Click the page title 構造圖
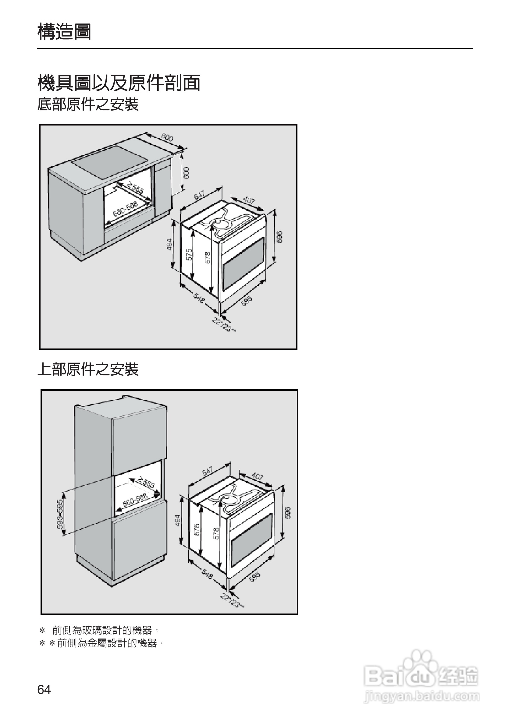pyautogui.click(x=64, y=32)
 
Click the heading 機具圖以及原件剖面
pyautogui.click(x=119, y=83)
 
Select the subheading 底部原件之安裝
pyautogui.click(x=88, y=104)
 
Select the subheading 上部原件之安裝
pyautogui.click(x=88, y=370)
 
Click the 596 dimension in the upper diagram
pyautogui.click(x=279, y=237)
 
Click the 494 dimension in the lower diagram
pyautogui.click(x=177, y=520)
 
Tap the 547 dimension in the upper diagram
pyautogui.click(x=199, y=195)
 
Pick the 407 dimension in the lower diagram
pyautogui.click(x=257, y=476)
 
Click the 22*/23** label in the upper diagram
pyautogui.click(x=224, y=325)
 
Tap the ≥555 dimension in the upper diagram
pyautogui.click(x=135, y=188)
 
